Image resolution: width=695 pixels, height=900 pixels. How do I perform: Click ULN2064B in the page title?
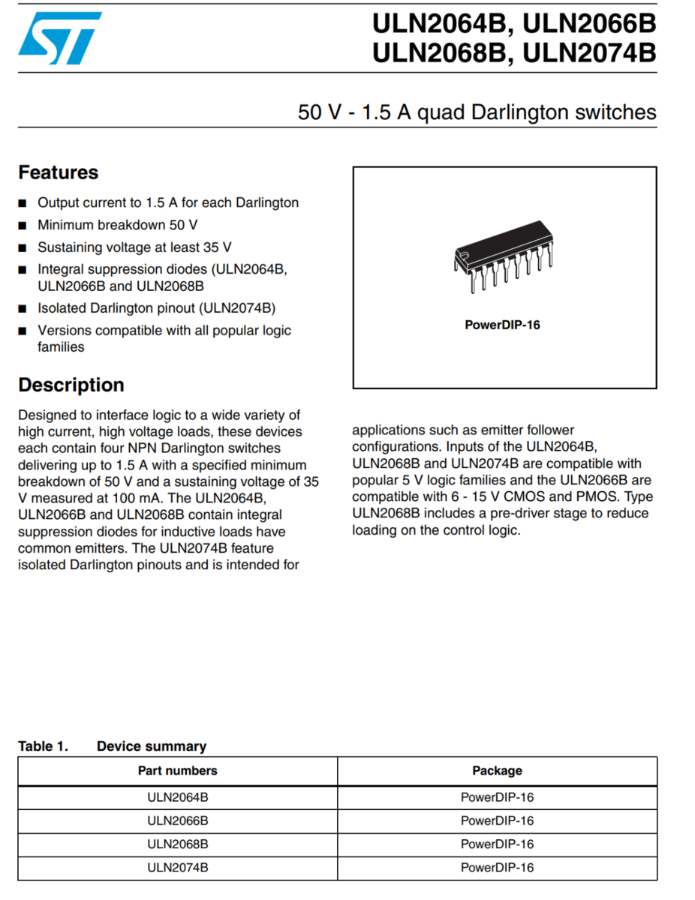pyautogui.click(x=437, y=25)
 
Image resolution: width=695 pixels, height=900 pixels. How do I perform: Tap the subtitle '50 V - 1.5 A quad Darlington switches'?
pyautogui.click(x=477, y=112)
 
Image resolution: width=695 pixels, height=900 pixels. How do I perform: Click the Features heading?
pyautogui.click(x=58, y=172)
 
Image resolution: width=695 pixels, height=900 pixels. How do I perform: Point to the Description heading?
pyautogui.click(x=71, y=385)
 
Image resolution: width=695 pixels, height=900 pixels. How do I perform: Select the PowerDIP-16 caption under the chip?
pyautogui.click(x=502, y=325)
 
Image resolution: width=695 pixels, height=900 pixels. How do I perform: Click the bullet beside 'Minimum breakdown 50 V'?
pyautogui.click(x=23, y=225)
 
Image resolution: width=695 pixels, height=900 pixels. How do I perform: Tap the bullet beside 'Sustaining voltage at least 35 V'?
pyautogui.click(x=23, y=247)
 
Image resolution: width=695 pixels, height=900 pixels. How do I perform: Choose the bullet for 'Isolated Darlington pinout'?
pyautogui.click(x=23, y=308)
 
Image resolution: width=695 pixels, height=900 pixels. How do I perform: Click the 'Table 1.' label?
pyautogui.click(x=43, y=746)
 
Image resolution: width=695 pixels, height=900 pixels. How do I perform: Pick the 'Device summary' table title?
pyautogui.click(x=152, y=746)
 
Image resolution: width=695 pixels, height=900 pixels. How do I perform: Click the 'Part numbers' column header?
pyautogui.click(x=177, y=770)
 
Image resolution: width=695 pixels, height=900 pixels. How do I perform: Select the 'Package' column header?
pyautogui.click(x=497, y=770)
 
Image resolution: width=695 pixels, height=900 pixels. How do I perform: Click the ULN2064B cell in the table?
pyautogui.click(x=177, y=797)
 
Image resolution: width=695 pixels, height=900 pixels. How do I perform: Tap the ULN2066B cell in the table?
pyautogui.click(x=177, y=820)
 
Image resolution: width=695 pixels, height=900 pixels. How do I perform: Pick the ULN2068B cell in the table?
pyautogui.click(x=177, y=844)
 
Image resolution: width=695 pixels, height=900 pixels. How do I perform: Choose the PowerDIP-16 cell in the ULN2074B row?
pyautogui.click(x=497, y=867)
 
